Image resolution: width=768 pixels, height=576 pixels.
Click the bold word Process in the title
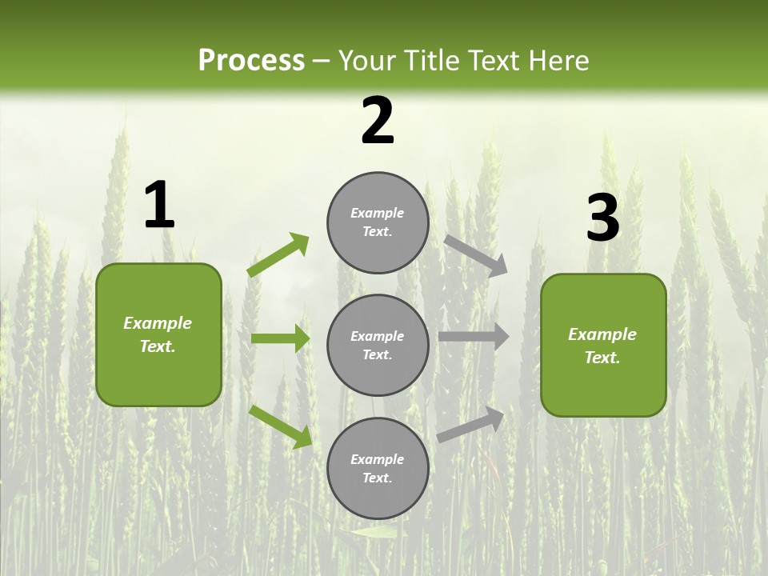[251, 61]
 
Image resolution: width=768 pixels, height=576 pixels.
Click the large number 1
[159, 206]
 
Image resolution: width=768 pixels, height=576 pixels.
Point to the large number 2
[378, 121]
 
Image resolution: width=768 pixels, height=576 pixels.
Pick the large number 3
[602, 218]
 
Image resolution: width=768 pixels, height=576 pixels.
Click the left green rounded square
[158, 334]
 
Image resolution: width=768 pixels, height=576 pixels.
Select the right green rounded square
[603, 345]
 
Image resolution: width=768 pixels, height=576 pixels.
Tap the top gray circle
[378, 222]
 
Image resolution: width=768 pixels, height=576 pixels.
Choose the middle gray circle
[378, 345]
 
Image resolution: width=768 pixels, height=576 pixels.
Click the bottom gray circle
[378, 468]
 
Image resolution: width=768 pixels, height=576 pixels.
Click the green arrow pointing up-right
[278, 255]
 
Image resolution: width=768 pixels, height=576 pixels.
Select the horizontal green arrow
[280, 338]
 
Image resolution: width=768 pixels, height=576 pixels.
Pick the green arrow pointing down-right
[280, 426]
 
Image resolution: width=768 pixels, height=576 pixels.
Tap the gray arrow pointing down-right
[475, 255]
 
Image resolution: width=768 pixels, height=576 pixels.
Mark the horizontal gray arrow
[474, 337]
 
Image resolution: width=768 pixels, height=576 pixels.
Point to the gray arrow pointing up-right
[471, 424]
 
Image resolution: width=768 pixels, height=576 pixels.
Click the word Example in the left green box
[158, 323]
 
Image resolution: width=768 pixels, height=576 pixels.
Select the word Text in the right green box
[601, 358]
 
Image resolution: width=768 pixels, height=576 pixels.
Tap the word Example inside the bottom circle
[377, 459]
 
